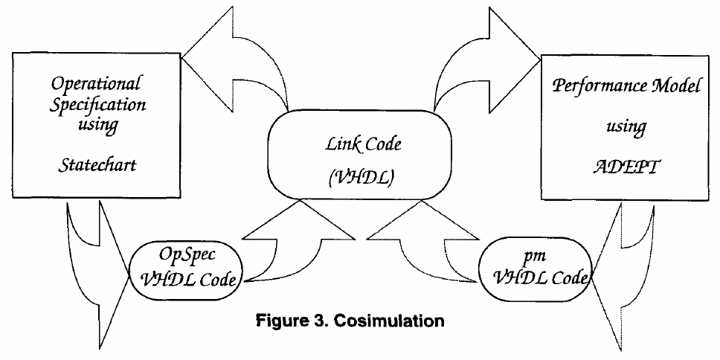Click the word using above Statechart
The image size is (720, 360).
(x=97, y=125)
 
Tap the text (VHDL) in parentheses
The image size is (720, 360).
(x=342, y=179)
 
